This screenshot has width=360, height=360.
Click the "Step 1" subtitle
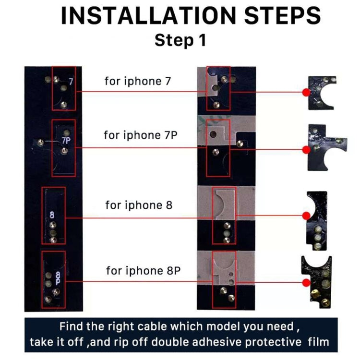click(180, 40)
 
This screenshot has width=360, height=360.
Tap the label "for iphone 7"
click(137, 81)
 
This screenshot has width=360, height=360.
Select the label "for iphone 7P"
click(140, 135)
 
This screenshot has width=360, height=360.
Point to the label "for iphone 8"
click(139, 205)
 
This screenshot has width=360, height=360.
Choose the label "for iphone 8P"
click(144, 270)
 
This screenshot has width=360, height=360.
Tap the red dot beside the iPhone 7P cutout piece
click(306, 150)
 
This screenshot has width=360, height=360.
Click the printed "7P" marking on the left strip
click(66, 141)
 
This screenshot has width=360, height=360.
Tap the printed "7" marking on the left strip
click(71, 82)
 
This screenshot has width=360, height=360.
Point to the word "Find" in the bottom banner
click(71, 326)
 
